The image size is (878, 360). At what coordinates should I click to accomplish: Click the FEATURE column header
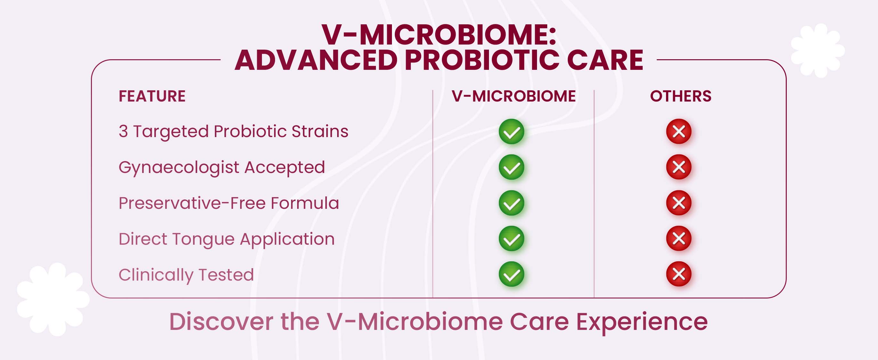pyautogui.click(x=152, y=96)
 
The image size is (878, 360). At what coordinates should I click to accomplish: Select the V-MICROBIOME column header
pyautogui.click(x=514, y=96)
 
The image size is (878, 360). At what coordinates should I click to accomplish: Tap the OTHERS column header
pyautogui.click(x=681, y=96)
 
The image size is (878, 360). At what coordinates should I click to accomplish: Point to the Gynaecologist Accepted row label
pyautogui.click(x=222, y=168)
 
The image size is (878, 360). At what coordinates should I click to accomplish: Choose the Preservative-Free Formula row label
pyautogui.click(x=229, y=203)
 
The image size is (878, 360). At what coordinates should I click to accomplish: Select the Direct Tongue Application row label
pyautogui.click(x=227, y=239)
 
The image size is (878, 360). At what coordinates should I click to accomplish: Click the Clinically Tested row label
pyautogui.click(x=186, y=275)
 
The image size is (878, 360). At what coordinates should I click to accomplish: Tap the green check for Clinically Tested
pyautogui.click(x=511, y=274)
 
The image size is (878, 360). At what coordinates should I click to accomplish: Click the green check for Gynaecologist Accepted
pyautogui.click(x=511, y=167)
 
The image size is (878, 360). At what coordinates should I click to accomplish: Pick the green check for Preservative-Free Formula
pyautogui.click(x=511, y=203)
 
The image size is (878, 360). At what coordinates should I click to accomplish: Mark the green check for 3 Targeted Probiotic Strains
pyautogui.click(x=511, y=131)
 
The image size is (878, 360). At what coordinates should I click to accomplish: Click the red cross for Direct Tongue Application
pyautogui.click(x=679, y=238)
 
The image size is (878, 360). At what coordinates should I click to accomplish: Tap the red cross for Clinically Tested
pyautogui.click(x=679, y=274)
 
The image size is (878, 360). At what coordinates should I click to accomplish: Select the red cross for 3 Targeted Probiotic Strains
pyautogui.click(x=679, y=131)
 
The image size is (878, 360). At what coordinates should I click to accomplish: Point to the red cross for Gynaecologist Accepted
pyautogui.click(x=679, y=167)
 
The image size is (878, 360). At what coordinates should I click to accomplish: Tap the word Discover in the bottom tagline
pyautogui.click(x=221, y=322)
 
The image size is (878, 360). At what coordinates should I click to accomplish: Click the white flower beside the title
pyautogui.click(x=818, y=51)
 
